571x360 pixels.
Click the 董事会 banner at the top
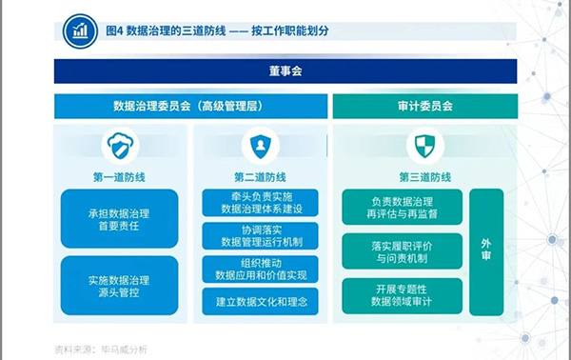click(285, 71)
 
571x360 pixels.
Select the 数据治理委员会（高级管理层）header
click(189, 106)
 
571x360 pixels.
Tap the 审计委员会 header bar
click(424, 106)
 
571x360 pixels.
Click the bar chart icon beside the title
click(79, 30)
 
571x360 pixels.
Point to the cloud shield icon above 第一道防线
click(120, 147)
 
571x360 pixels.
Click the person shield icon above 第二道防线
click(259, 147)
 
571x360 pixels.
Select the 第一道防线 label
click(120, 177)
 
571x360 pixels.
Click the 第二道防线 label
click(259, 177)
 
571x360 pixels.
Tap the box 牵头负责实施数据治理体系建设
click(259, 202)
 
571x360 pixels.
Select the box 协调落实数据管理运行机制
click(259, 235)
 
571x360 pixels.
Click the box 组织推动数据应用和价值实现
click(259, 268)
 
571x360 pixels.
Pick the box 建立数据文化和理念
click(259, 301)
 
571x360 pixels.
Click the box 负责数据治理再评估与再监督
click(402, 207)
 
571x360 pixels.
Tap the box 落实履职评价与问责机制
click(402, 250)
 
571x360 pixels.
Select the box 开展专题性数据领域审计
click(402, 294)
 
